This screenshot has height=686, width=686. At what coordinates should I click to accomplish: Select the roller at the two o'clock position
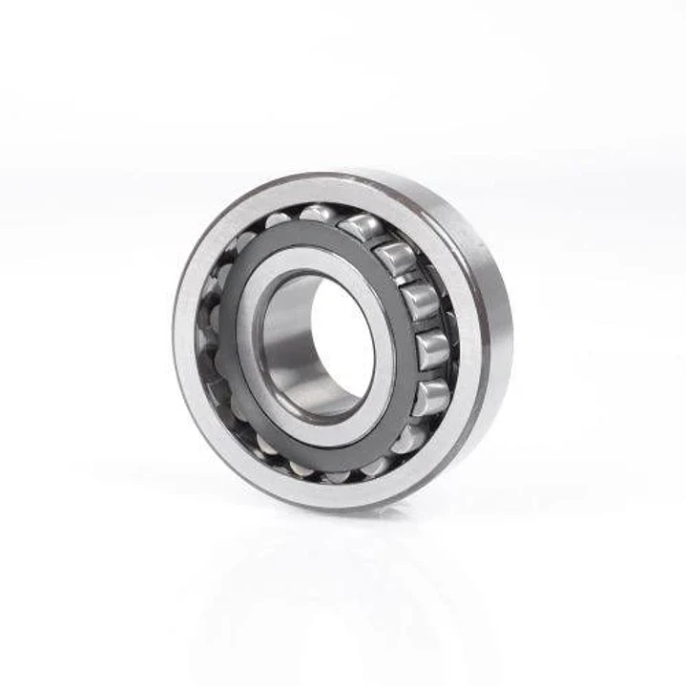[396, 258]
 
